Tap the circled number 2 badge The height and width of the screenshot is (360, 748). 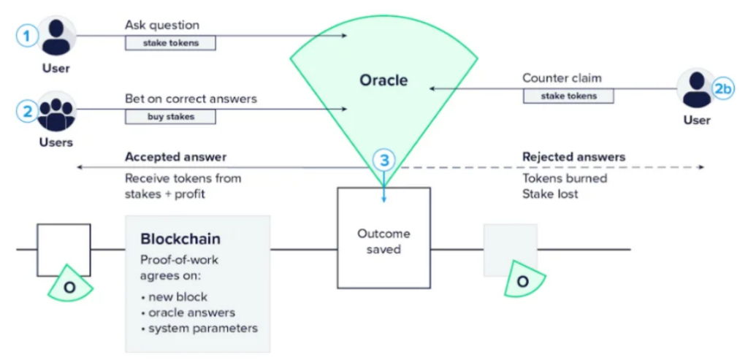click(x=27, y=111)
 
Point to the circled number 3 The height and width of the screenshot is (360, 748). click(x=383, y=158)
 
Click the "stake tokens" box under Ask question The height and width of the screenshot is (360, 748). click(x=171, y=43)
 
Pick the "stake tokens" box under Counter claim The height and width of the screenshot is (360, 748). click(x=568, y=96)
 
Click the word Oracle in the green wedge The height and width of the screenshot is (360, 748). click(x=383, y=80)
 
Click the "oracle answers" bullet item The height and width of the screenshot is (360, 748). click(x=191, y=313)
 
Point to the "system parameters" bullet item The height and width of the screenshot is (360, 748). click(x=202, y=329)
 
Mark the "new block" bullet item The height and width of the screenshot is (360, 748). click(x=178, y=296)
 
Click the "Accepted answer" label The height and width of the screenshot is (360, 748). click(x=175, y=156)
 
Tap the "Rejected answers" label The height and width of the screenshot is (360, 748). click(x=573, y=156)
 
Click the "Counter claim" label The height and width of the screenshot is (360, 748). click(x=562, y=78)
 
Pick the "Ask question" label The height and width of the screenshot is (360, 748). click(x=162, y=25)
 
